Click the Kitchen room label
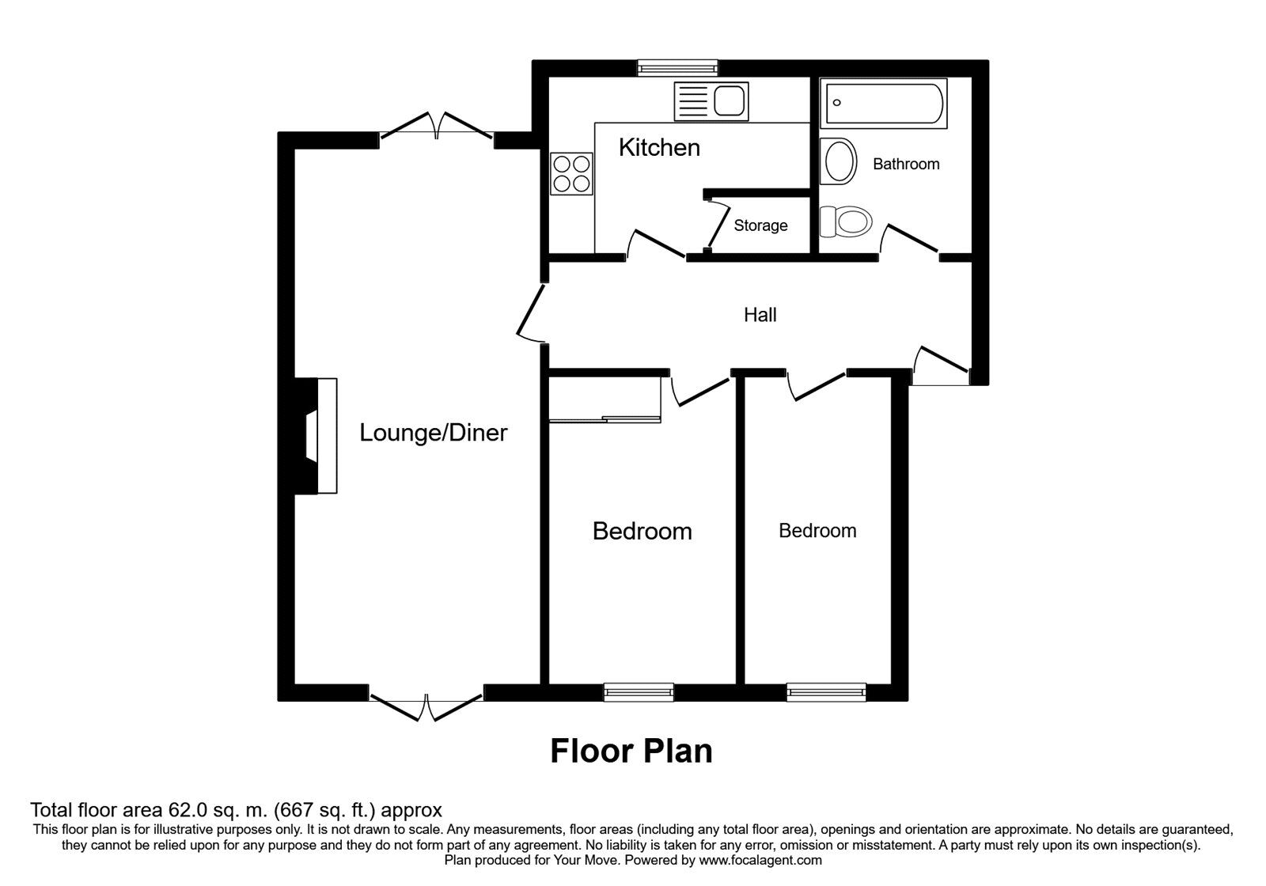click(x=659, y=148)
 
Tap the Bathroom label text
click(x=906, y=165)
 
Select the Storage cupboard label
click(x=760, y=226)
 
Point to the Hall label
click(x=760, y=316)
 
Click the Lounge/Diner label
click(x=433, y=433)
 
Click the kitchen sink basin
click(x=729, y=101)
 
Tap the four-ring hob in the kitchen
click(x=571, y=173)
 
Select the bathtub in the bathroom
click(x=884, y=103)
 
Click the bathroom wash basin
click(x=839, y=161)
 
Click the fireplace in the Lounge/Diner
click(x=321, y=436)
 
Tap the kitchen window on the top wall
click(x=678, y=68)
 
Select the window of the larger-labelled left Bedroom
click(x=639, y=692)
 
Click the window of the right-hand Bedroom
click(x=826, y=692)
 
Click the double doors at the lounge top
click(x=437, y=127)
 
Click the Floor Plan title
click(x=631, y=752)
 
